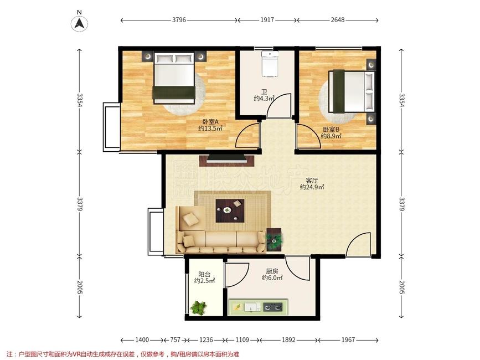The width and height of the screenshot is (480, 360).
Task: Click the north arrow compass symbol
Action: [x=80, y=23]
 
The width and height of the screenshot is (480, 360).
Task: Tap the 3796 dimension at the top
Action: [x=179, y=20]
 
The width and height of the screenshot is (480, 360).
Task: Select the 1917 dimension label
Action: [x=267, y=20]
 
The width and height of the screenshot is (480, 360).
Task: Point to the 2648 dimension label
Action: [x=337, y=20]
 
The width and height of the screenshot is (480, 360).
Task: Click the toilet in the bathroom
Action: [x=270, y=64]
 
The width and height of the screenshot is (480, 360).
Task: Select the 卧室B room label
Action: [x=331, y=129]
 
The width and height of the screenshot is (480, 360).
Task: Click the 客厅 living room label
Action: [x=312, y=180]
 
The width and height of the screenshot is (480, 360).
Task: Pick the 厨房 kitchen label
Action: [x=272, y=271]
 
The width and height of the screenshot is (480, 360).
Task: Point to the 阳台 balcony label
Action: [x=204, y=274]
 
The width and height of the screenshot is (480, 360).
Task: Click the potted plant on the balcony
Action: [x=198, y=307]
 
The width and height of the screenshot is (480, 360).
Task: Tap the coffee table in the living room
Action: [x=230, y=210]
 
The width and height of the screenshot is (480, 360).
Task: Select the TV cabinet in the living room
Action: [x=226, y=161]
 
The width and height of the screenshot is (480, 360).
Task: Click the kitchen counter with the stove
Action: [x=259, y=306]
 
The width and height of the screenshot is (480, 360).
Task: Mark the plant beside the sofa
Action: [x=274, y=239]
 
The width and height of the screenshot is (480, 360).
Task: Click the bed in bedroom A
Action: [x=174, y=78]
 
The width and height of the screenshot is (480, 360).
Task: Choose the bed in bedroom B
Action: [x=352, y=91]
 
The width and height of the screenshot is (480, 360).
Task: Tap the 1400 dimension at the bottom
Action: [x=142, y=340]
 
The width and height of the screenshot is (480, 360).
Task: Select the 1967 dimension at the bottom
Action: [x=348, y=340]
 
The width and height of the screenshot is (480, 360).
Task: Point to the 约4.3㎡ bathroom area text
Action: [x=264, y=98]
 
